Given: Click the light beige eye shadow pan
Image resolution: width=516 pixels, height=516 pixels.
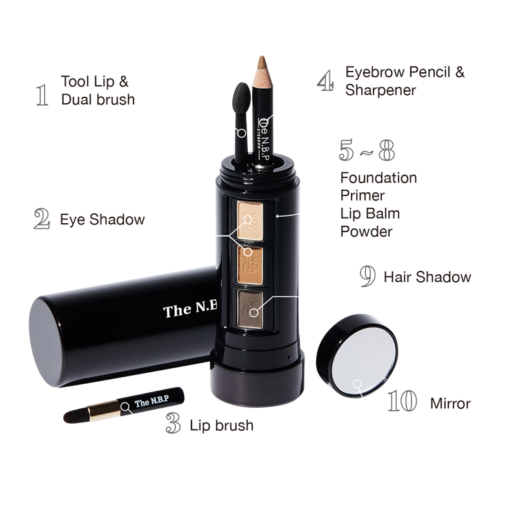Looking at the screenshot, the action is coord(250,221).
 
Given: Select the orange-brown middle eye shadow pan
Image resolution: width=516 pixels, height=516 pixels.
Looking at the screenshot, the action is coord(250,266).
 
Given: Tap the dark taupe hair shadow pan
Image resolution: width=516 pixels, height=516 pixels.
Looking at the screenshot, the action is coord(250,309).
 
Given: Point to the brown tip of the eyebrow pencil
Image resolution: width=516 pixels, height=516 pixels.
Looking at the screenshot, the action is coord(262,63).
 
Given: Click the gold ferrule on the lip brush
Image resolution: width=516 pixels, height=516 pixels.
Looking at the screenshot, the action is coord(103,410).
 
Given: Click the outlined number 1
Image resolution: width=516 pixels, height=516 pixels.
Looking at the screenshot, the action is coord(42,95).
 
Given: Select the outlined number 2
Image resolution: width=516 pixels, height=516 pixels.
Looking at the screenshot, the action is coord(42,219).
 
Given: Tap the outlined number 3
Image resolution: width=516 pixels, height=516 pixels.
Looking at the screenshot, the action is coord(173,423).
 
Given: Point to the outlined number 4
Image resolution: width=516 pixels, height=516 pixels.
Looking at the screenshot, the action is coord(326,81).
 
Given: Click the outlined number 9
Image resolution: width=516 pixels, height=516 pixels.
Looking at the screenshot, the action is coord(368,277).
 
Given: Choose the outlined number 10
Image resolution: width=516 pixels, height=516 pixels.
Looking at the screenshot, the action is coord(402,401).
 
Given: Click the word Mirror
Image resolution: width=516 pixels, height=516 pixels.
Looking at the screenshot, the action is coord(450,404).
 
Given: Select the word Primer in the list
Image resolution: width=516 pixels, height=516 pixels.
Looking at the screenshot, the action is coord(362,195).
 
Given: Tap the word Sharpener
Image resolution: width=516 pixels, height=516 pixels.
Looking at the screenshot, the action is coord(381,90).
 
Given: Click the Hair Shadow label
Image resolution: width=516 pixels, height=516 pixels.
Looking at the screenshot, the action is coord(427,277).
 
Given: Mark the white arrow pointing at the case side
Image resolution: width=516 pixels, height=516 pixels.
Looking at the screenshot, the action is coord(287,215).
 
